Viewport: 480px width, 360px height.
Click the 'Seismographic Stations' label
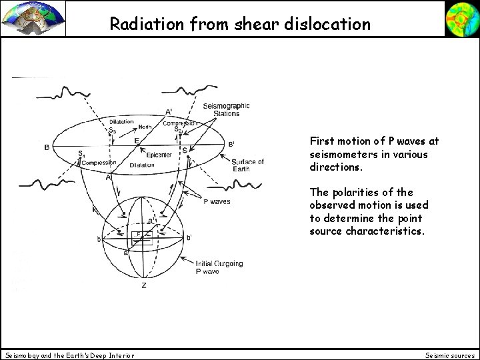tap(230, 109)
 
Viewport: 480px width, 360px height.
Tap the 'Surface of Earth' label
tap(247, 166)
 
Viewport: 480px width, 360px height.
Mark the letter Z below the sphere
tap(144, 285)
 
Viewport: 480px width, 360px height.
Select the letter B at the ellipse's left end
tap(46, 147)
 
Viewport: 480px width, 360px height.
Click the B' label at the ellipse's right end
tap(231, 143)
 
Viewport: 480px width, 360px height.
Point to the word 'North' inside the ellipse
tap(146, 127)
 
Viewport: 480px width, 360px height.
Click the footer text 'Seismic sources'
tap(449, 355)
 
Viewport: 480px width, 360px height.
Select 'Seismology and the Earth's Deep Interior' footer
tap(69, 355)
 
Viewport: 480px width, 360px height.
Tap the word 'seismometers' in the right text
tap(342, 154)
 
